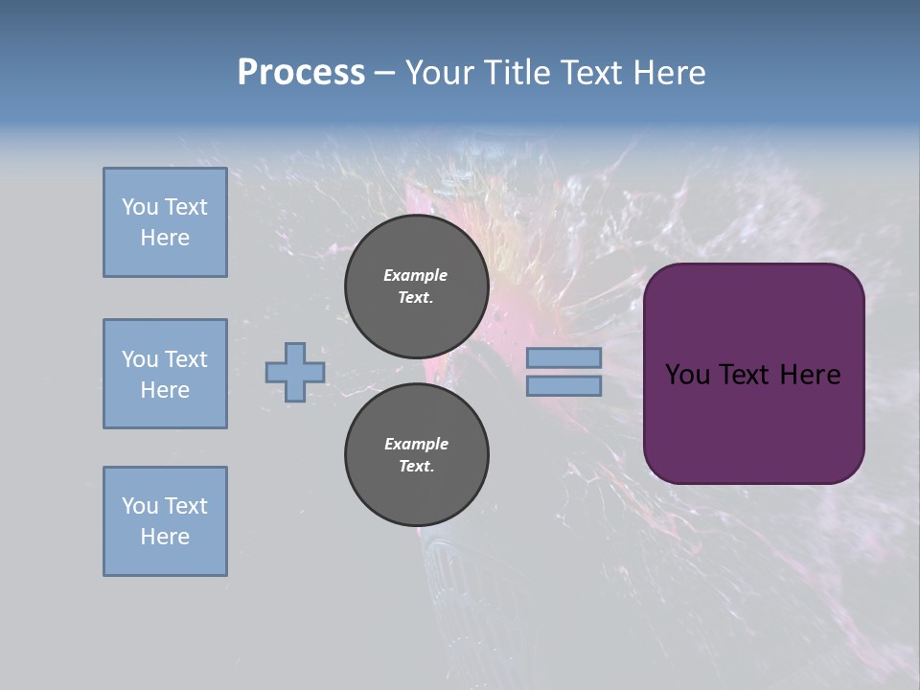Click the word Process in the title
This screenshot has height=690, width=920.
[301, 72]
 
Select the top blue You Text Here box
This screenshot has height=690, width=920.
[165, 222]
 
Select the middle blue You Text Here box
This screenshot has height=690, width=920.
[165, 374]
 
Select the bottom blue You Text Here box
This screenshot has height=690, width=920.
[165, 521]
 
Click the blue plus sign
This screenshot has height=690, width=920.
[295, 372]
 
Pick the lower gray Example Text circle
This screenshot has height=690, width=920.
[416, 454]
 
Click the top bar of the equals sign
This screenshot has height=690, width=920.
[563, 358]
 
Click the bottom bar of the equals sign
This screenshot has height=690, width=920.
[563, 386]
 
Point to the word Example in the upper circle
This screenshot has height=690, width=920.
[415, 275]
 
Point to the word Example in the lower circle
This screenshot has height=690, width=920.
[416, 444]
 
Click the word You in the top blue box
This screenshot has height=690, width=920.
[140, 207]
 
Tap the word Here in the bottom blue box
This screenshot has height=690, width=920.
[165, 537]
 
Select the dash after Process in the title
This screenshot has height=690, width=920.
[384, 73]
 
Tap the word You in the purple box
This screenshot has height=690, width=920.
[687, 375]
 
